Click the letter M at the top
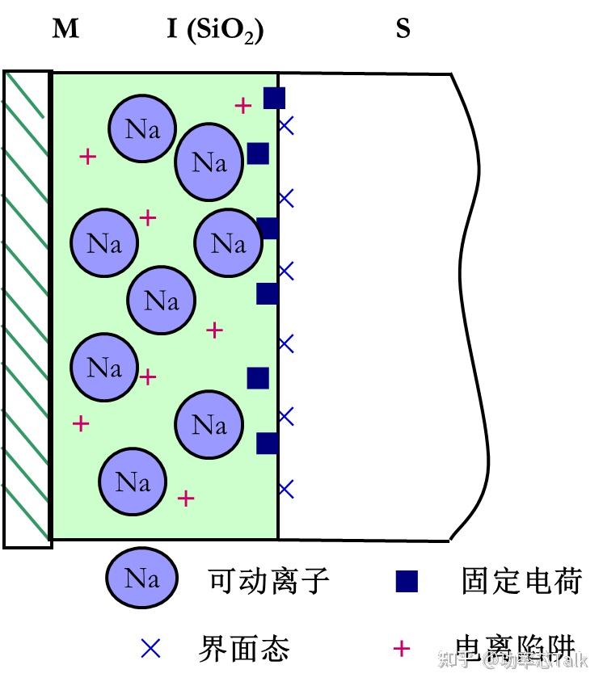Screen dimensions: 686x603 coord(65,30)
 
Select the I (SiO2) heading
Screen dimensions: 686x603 coord(215,31)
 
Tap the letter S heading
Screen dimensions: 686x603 coord(403,30)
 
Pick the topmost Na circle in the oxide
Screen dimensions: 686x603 coord(142,128)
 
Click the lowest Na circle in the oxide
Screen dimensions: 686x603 coord(133,482)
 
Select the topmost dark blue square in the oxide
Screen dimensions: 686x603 coord(275,98)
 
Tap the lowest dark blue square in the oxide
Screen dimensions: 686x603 coord(268,443)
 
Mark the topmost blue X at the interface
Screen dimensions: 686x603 coord(286,125)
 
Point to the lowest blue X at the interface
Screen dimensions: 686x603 coord(286,489)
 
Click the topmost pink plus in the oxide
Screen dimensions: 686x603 coord(242,105)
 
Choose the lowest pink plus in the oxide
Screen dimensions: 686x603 coord(186,498)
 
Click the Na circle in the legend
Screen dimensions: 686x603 coord(141,579)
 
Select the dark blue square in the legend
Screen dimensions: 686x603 coord(407,581)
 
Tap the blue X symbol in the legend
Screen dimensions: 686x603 coord(151,648)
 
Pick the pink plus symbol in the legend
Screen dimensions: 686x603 coord(402,648)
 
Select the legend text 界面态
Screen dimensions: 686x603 coord(243,648)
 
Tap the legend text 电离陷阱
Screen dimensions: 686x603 coord(515,648)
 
